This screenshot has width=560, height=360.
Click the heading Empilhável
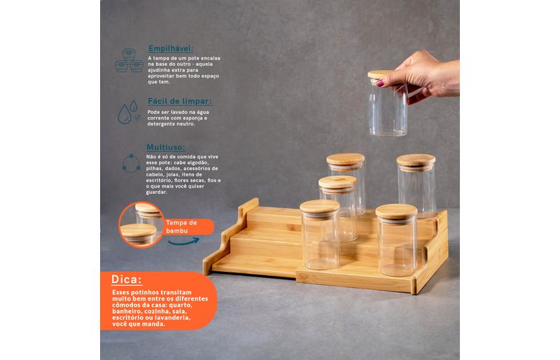(x=171, y=48)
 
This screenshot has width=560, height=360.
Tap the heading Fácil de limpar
(x=180, y=102)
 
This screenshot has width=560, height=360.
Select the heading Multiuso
(x=166, y=147)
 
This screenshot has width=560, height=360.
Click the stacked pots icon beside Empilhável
(x=129, y=60)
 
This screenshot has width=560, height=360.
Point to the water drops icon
(x=128, y=112)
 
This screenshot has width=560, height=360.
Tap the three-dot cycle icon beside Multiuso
(x=131, y=163)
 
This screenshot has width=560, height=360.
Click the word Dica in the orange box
(x=127, y=279)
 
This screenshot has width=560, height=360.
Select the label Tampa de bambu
(x=181, y=227)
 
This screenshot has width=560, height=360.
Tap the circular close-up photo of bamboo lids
(x=141, y=225)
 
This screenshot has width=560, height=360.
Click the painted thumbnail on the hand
(x=379, y=83)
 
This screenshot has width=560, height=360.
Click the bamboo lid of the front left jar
(x=320, y=207)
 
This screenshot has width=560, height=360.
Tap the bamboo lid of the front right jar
(x=396, y=212)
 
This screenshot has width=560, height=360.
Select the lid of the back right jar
(x=416, y=160)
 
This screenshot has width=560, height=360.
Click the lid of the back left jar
(x=345, y=160)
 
